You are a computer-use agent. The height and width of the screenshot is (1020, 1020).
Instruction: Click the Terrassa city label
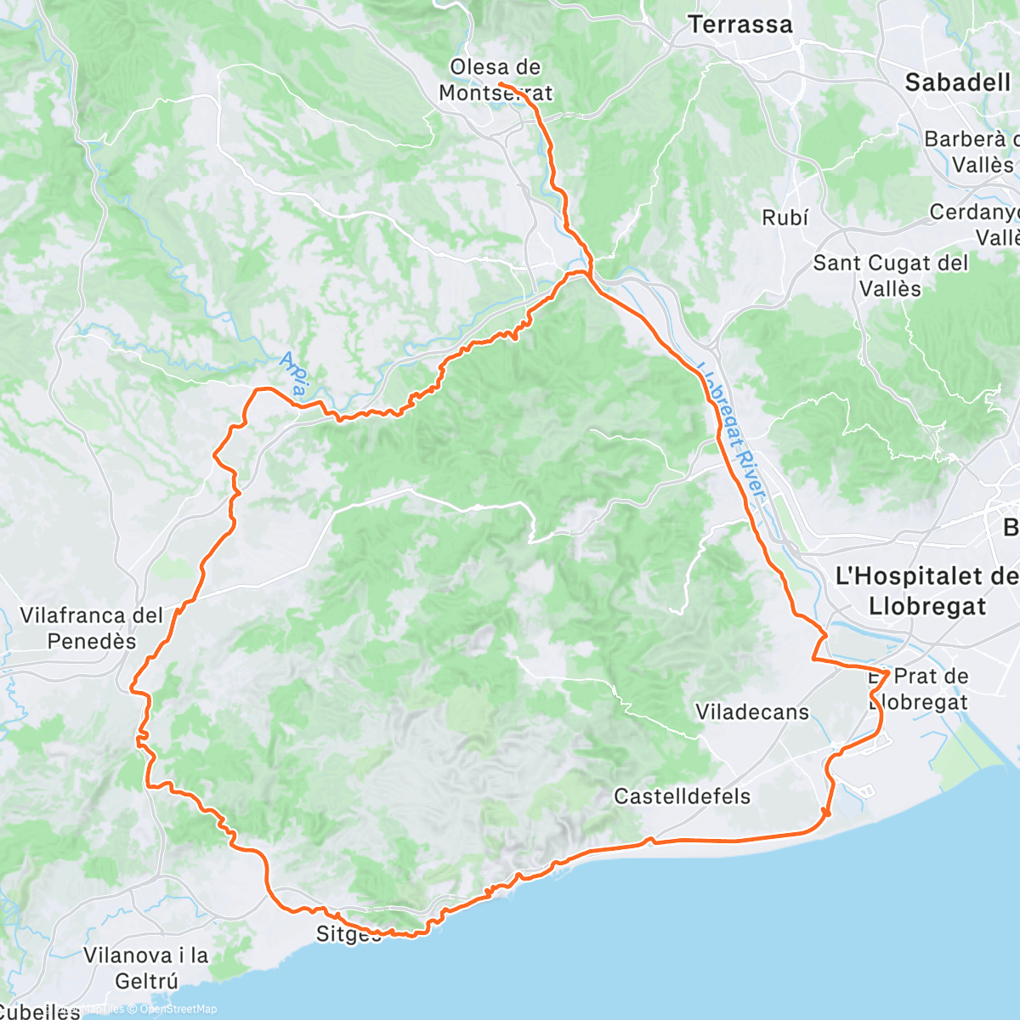[739, 25]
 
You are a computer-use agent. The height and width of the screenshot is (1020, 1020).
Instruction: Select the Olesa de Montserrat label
[496, 80]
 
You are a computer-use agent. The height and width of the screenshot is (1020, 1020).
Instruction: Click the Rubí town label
[785, 218]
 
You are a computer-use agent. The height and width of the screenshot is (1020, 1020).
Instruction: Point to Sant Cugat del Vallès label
[890, 275]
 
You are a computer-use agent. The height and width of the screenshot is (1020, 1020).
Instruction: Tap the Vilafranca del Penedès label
[91, 628]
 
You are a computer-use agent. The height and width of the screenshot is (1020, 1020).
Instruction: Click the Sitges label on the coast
[348, 934]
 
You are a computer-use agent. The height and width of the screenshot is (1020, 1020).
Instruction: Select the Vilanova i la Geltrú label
[145, 968]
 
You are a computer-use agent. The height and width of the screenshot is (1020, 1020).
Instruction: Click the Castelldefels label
[683, 796]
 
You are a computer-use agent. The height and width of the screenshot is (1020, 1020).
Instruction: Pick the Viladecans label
[752, 712]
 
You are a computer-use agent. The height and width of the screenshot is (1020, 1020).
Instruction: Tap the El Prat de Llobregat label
[918, 689]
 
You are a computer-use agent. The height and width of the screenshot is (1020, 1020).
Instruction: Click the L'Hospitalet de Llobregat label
[922, 592]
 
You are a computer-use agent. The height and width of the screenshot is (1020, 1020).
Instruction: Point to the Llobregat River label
[732, 433]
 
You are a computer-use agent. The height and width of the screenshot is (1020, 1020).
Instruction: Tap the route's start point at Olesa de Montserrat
[500, 84]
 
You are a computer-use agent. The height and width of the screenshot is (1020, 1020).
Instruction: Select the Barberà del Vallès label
[969, 151]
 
